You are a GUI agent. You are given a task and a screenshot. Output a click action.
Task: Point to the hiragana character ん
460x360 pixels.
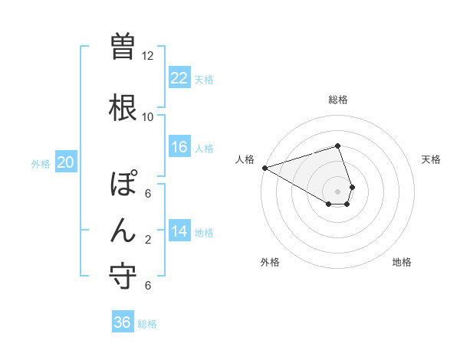click(x=123, y=230)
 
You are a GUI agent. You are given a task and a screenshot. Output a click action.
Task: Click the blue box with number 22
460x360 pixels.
click(x=179, y=78)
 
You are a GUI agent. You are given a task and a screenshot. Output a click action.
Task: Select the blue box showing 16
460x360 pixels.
click(x=179, y=147)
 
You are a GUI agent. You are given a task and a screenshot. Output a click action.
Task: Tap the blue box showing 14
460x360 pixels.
click(x=179, y=232)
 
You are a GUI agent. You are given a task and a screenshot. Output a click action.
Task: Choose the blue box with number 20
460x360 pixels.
click(x=66, y=162)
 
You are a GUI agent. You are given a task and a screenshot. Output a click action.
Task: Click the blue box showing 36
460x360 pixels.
click(x=123, y=322)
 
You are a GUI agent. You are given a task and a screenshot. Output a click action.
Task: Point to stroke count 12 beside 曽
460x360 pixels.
click(x=148, y=56)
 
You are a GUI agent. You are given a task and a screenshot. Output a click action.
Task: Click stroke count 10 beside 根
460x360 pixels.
click(x=148, y=116)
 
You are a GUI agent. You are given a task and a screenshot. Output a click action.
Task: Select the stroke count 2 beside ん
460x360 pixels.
click(x=148, y=240)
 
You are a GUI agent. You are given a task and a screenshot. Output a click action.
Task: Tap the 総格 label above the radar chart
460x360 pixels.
click(x=338, y=100)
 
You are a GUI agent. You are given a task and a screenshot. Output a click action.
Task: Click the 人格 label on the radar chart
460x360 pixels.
click(x=245, y=159)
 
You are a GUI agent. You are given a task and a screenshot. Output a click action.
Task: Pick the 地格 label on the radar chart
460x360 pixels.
click(x=402, y=262)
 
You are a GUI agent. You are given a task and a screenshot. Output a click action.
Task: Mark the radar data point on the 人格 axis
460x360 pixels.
click(x=264, y=168)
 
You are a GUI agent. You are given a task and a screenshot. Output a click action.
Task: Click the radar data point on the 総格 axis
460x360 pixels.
click(x=338, y=146)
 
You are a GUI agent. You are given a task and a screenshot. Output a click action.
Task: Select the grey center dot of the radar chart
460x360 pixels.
click(x=338, y=191)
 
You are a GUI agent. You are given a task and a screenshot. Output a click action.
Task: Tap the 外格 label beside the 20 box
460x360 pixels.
click(x=41, y=163)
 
